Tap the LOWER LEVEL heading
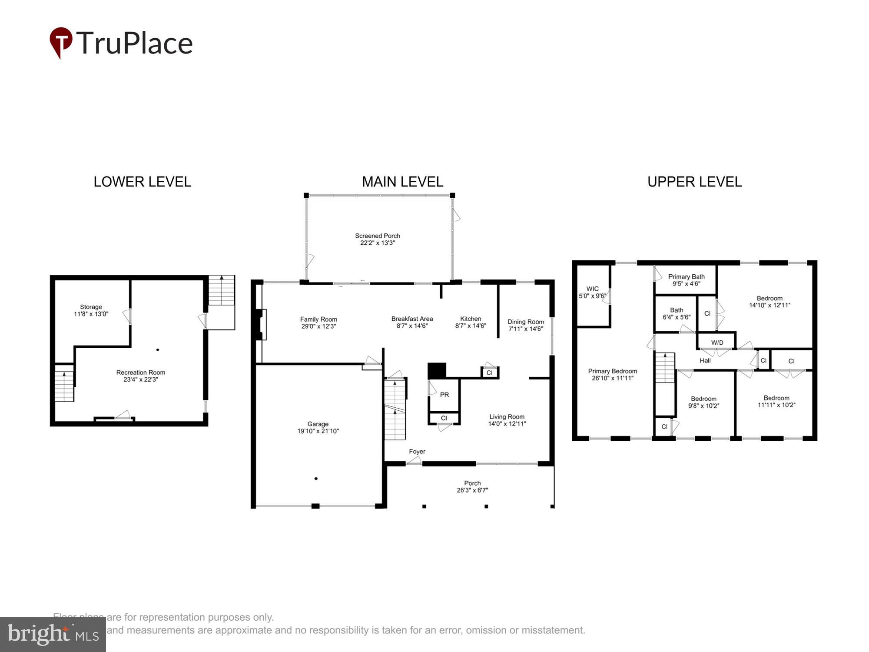(x=142, y=182)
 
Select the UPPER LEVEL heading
(x=694, y=182)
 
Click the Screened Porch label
(x=377, y=236)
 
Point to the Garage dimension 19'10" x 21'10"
(x=318, y=431)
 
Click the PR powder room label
(x=444, y=395)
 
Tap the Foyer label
(x=417, y=452)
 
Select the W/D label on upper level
(x=717, y=343)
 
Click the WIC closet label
(x=592, y=289)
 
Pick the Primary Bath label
(x=686, y=276)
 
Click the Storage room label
(x=91, y=307)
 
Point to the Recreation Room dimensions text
(x=140, y=379)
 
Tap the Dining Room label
(x=525, y=322)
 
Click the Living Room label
(x=507, y=416)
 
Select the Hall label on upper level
(x=705, y=360)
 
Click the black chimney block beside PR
(x=437, y=371)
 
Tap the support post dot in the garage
(x=316, y=479)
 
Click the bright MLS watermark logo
(x=53, y=635)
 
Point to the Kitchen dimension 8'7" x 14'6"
(x=470, y=326)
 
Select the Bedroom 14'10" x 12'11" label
(x=769, y=298)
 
